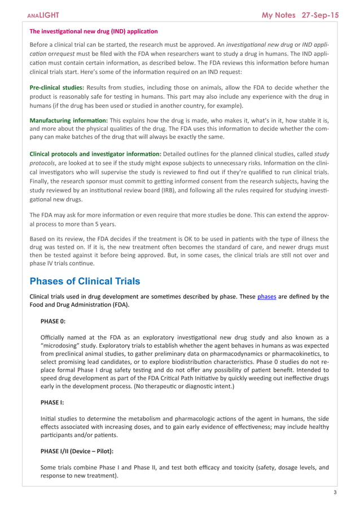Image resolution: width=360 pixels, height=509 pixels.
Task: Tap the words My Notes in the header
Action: point(279,15)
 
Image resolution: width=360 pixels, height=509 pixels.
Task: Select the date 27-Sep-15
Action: point(320,15)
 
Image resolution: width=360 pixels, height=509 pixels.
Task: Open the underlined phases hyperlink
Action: point(266,296)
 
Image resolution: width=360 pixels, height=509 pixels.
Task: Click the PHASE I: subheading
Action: point(52,403)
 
